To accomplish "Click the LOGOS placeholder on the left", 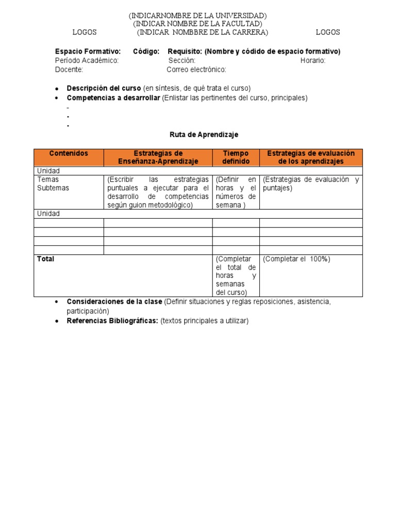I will [85, 32].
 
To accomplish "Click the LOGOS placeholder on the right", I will [327, 32].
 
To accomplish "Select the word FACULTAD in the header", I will [240, 24].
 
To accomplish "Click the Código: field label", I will [146, 52].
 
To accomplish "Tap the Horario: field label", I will [313, 60].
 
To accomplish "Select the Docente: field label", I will [69, 70].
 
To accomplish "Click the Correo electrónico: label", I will [196, 70].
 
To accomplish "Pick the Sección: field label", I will [181, 60].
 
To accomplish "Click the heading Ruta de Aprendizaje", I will [204, 135].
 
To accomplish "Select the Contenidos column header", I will [69, 154].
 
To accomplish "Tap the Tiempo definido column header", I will [236, 157].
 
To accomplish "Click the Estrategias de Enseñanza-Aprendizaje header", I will [158, 157].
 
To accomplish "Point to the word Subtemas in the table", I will [53, 188].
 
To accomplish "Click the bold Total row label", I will [45, 259].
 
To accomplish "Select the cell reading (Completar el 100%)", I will [296, 259].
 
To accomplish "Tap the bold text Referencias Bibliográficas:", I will [112, 321].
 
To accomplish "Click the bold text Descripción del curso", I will [104, 88].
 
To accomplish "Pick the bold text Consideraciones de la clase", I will [114, 302].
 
